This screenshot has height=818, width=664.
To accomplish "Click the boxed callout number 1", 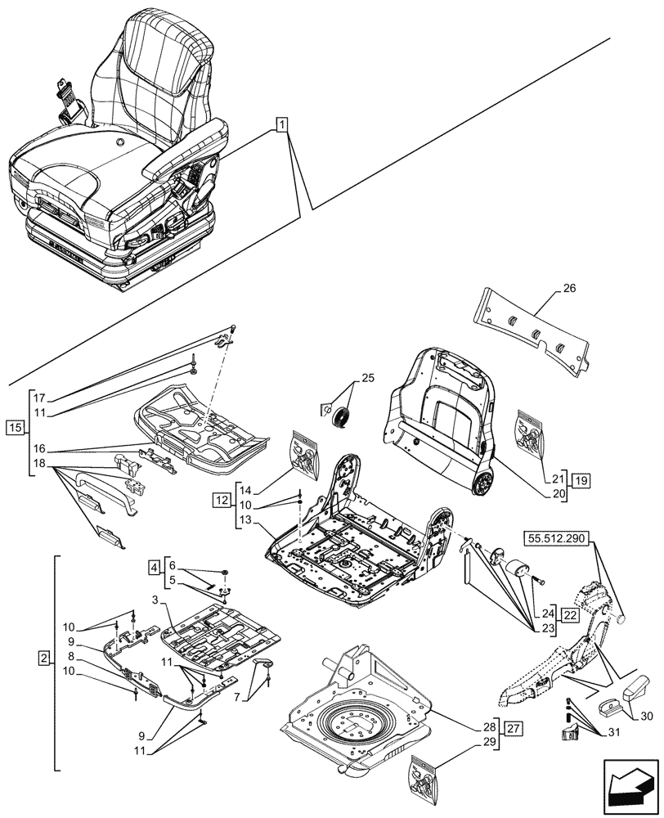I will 280,125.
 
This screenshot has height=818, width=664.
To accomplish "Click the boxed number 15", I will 15,427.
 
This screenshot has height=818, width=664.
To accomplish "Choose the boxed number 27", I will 513,727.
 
